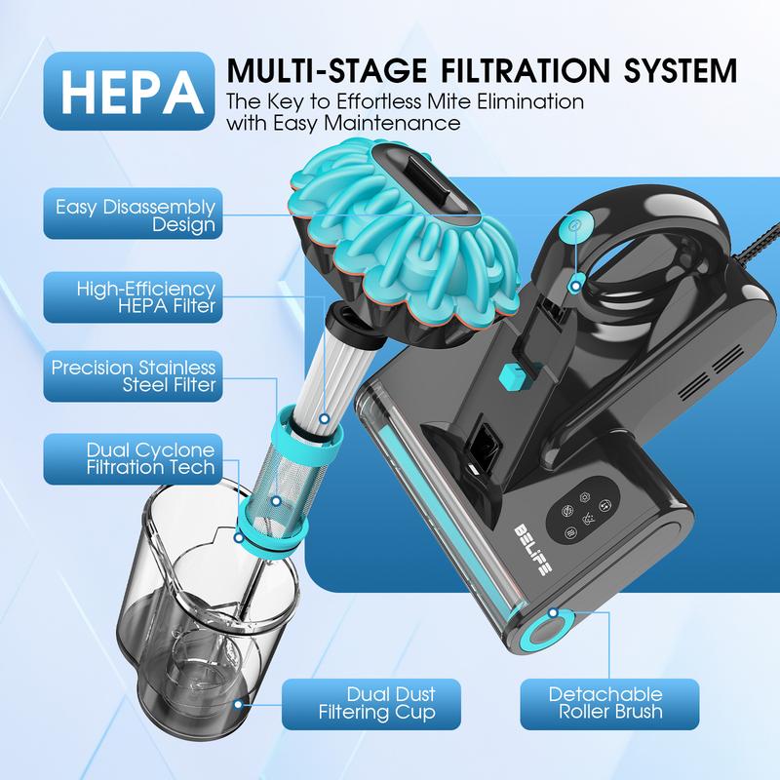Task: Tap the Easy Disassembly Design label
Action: [131, 215]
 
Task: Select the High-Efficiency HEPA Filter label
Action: [131, 297]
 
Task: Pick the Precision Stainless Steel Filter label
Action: [131, 376]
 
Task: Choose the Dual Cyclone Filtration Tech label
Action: [131, 458]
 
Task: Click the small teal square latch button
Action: [508, 375]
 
